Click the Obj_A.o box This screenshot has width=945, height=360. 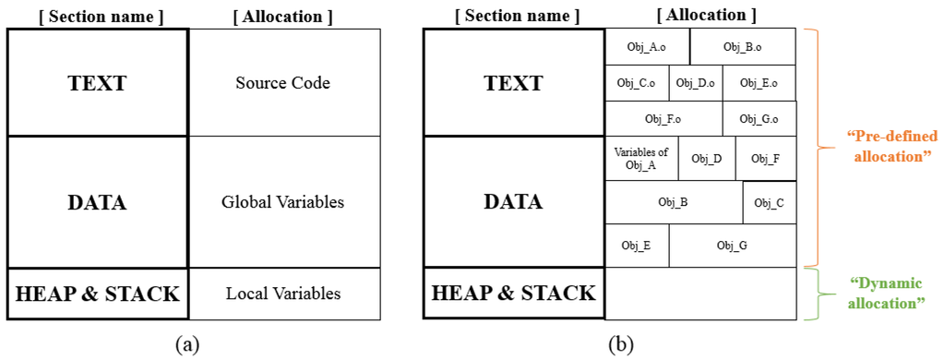tap(647, 46)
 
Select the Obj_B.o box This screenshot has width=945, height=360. tap(743, 46)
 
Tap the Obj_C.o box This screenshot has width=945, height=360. tap(636, 83)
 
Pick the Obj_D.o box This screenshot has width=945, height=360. tap(695, 83)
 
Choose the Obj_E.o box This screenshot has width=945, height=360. tap(759, 83)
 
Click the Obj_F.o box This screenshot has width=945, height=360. tap(663, 119)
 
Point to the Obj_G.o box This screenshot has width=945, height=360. tap(759, 119)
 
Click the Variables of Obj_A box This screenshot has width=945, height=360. tap(640, 159)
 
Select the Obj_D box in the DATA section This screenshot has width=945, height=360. tap(706, 159)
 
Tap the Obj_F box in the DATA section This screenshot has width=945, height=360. tap(765, 159)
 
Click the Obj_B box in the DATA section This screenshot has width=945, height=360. tap(673, 202)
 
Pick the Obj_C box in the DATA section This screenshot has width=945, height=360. tap(769, 203)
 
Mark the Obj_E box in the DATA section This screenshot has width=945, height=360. tap(636, 246)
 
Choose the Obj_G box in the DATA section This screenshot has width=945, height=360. tap(732, 246)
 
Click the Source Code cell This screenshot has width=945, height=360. tap(283, 83)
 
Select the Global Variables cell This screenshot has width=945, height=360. tap(283, 202)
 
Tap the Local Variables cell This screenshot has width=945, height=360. tap(283, 294)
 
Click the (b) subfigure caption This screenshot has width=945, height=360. tap(620, 345)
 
